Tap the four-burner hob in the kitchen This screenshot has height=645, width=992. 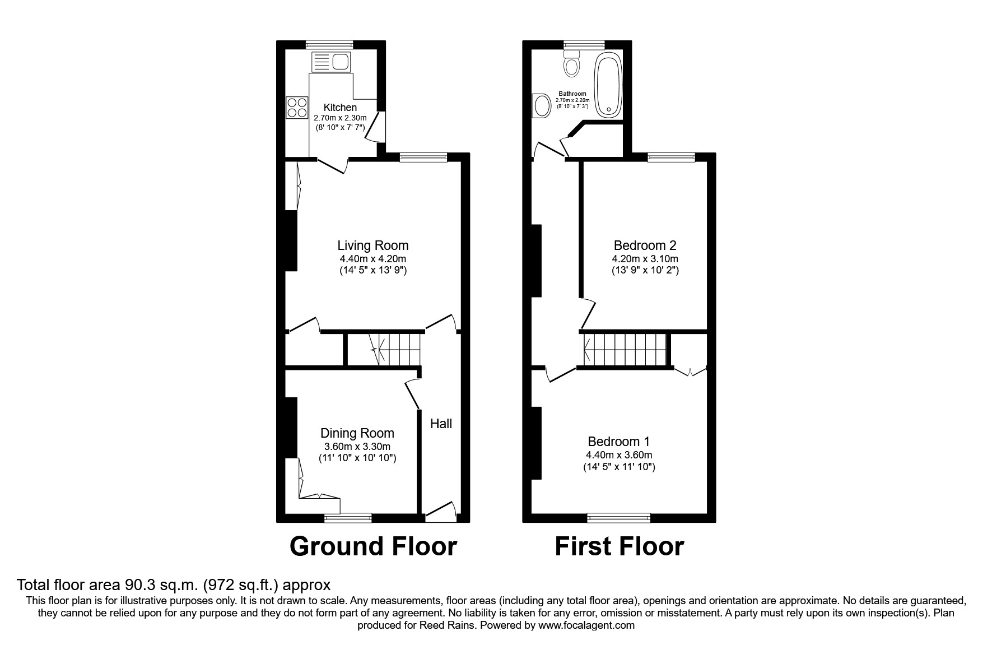pyautogui.click(x=297, y=108)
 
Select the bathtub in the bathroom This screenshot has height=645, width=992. pyautogui.click(x=608, y=85)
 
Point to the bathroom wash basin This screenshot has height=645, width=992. pyautogui.click(x=542, y=105)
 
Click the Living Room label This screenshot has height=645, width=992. pyautogui.click(x=372, y=245)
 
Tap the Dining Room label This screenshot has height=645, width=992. pyautogui.click(x=357, y=433)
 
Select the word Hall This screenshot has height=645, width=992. pyautogui.click(x=441, y=424)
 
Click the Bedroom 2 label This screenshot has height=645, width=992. pyautogui.click(x=645, y=245)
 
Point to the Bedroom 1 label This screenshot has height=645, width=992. pyautogui.click(x=618, y=442)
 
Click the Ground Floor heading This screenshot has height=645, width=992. pyautogui.click(x=373, y=546)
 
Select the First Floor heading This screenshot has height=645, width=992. pyautogui.click(x=619, y=546)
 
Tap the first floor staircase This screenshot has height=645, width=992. pyautogui.click(x=625, y=349)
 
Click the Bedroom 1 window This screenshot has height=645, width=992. pyautogui.click(x=618, y=518)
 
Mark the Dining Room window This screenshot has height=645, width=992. pyautogui.click(x=348, y=518)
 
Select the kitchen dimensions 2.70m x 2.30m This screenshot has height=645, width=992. pyautogui.click(x=340, y=118)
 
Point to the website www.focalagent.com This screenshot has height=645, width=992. pyautogui.click(x=586, y=625)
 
